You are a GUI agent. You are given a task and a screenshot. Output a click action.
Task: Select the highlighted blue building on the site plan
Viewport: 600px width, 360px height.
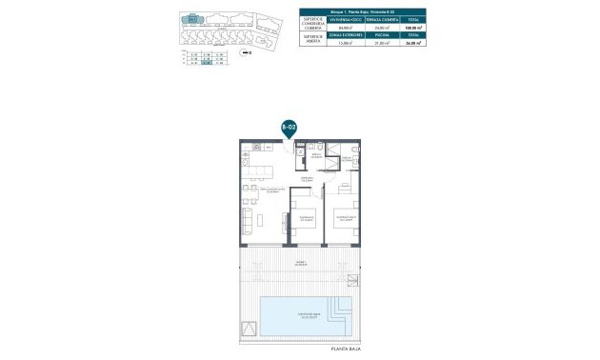tap(193, 18)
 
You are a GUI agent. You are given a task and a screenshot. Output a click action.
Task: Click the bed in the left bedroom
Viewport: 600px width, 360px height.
tap(304, 221)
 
